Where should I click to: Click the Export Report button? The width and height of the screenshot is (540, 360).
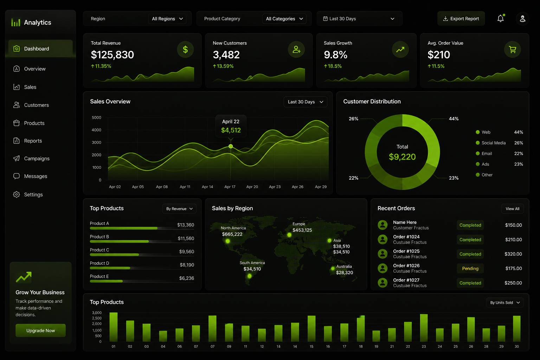click(x=461, y=19)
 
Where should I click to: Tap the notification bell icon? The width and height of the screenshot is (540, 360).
click(x=501, y=18)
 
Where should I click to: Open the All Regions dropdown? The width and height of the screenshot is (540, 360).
click(x=167, y=19)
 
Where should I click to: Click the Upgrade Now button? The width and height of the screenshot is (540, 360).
click(x=40, y=330)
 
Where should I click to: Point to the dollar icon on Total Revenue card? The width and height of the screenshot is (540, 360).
click(x=185, y=50)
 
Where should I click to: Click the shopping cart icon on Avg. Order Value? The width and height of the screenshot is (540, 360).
click(x=512, y=50)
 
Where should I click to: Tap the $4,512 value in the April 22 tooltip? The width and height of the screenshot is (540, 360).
click(x=231, y=130)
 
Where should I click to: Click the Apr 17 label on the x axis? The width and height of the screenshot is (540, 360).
click(x=230, y=187)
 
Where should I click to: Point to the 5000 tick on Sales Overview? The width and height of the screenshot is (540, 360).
click(x=96, y=117)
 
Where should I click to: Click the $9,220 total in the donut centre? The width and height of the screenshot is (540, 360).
click(x=402, y=157)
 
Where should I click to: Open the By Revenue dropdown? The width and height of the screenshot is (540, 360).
click(x=179, y=208)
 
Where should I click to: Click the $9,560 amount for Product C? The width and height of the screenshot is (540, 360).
click(x=187, y=251)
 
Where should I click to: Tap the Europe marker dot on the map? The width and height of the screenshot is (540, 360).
click(x=289, y=235)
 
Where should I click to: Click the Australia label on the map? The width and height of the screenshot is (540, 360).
click(x=344, y=266)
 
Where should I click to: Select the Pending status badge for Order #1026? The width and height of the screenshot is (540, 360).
click(x=470, y=268)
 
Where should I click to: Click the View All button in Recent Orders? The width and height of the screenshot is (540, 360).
click(x=512, y=208)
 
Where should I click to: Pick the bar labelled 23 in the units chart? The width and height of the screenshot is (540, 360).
click(x=424, y=328)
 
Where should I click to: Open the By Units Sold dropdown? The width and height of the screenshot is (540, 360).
click(x=505, y=303)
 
